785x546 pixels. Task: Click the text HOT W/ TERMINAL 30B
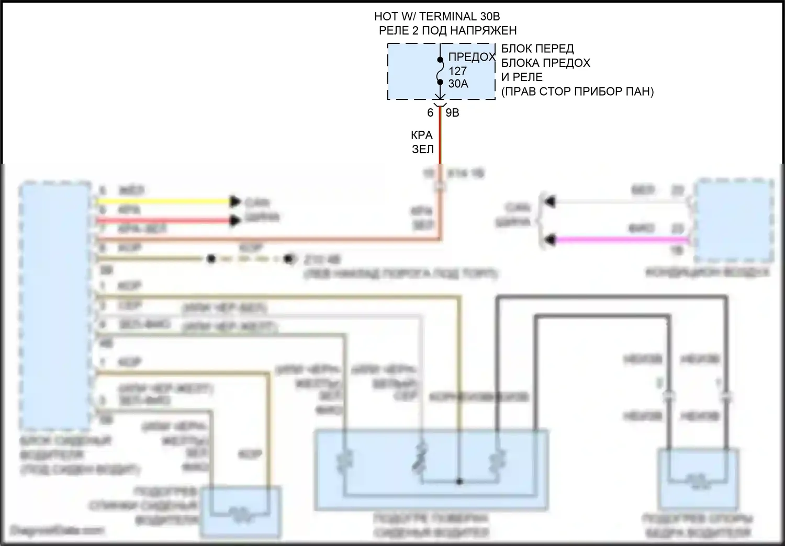point(433,17)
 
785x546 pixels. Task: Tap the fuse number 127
point(457,71)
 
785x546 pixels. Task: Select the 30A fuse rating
point(458,84)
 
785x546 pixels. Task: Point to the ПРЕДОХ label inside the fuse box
point(471,58)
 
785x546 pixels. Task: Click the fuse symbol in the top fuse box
point(440,71)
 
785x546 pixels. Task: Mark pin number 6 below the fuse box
point(430,112)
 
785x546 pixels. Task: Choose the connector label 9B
point(452,112)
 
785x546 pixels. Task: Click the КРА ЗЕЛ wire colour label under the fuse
point(422,142)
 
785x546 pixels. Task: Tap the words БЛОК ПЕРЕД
point(537,49)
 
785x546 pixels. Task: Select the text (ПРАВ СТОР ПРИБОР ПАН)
point(577,92)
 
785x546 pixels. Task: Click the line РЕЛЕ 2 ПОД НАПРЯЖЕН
point(447,30)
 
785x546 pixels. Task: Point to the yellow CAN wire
point(162,201)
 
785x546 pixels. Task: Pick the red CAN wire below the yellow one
point(162,221)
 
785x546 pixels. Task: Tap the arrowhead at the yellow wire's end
point(235,201)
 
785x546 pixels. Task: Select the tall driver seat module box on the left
point(55,306)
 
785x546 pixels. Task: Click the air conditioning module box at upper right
point(734,220)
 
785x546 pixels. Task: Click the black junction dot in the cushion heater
point(459,481)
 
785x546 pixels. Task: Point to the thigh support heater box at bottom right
point(698,479)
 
